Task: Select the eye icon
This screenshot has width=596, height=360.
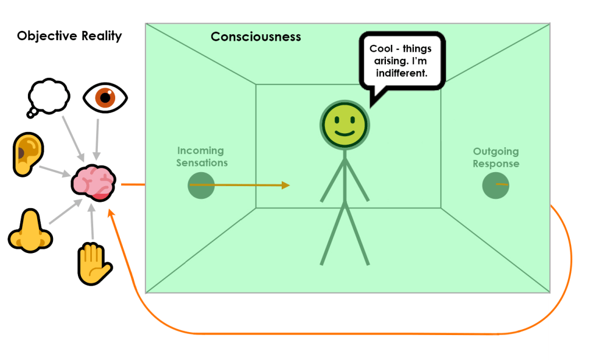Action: [105, 97]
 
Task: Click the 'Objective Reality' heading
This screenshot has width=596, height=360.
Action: [69, 36]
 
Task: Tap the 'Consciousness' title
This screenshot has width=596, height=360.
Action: [256, 37]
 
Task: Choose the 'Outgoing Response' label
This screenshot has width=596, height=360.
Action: [496, 158]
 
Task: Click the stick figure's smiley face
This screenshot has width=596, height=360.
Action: [343, 124]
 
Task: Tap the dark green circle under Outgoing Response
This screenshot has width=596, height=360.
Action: [496, 185]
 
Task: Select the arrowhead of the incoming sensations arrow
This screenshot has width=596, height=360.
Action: [285, 186]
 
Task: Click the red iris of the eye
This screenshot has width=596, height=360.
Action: [105, 97]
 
